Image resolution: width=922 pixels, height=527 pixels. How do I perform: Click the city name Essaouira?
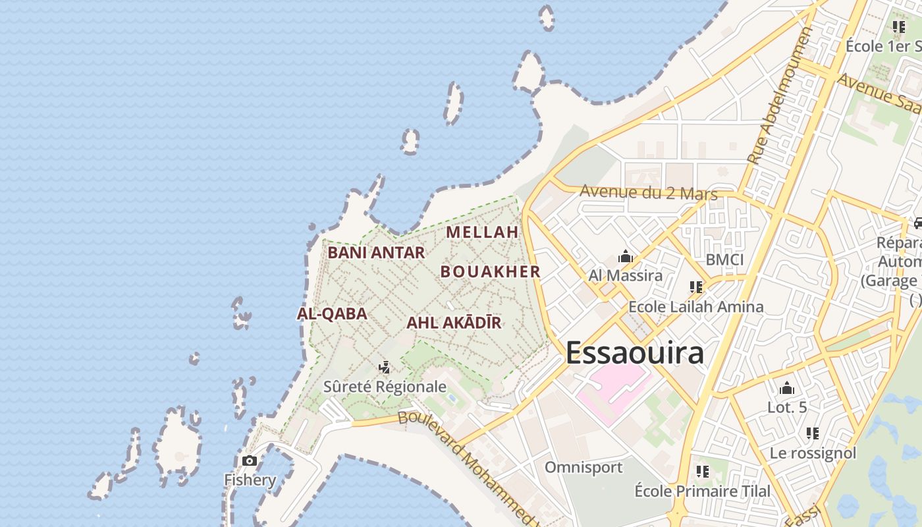pos(634,352)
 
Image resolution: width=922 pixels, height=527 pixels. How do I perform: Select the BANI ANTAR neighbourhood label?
pos(376,252)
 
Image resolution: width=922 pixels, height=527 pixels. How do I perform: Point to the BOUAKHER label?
pos(490,271)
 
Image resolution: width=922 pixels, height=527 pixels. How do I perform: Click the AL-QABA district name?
pos(332,314)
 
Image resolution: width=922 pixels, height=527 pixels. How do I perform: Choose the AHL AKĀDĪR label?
pos(454,323)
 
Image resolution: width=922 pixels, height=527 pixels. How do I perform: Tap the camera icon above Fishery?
pos(250,460)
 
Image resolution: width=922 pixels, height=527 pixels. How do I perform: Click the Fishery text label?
pos(250,480)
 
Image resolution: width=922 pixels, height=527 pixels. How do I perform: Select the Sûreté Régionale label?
pos(385,387)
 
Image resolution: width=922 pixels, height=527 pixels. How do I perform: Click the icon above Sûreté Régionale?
pos(385,368)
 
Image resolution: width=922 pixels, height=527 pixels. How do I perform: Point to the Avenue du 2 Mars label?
pos(648,193)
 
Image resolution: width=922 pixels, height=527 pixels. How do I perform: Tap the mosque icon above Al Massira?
pos(626,256)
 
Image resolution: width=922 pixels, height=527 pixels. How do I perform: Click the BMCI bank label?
pos(724,260)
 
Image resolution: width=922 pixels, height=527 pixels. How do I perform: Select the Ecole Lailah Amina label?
pos(696,306)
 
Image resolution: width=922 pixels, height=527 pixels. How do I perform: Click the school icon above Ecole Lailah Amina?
pos(696,287)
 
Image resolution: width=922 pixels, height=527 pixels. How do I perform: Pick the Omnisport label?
pos(583,467)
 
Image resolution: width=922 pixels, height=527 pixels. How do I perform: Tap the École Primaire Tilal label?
pos(702,491)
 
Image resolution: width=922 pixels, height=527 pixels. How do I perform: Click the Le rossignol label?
pos(813,453)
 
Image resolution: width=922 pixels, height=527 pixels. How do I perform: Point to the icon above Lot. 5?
pos(786,388)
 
